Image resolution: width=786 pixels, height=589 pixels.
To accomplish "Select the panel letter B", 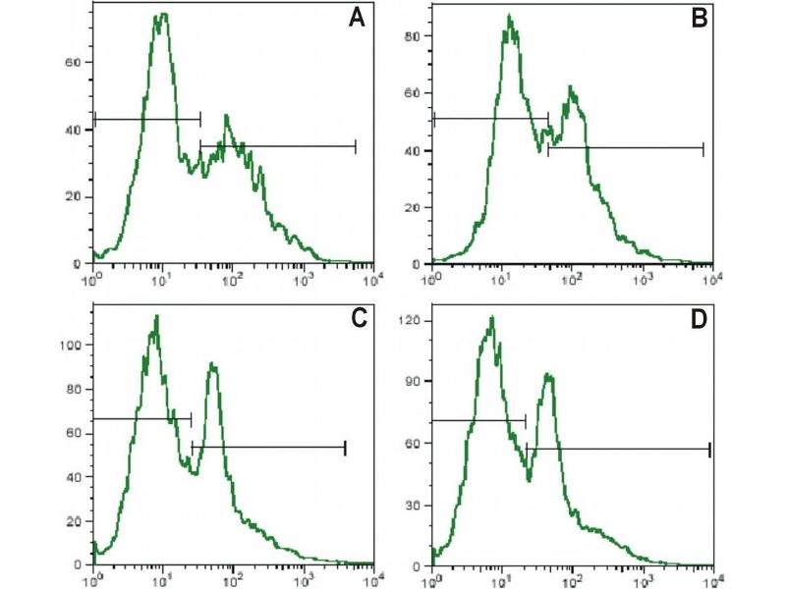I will pyautogui.click(x=700, y=19).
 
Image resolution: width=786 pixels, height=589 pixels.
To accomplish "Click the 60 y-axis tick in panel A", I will pyautogui.click(x=84, y=62).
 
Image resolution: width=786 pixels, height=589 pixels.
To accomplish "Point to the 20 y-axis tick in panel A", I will pyautogui.click(x=84, y=197).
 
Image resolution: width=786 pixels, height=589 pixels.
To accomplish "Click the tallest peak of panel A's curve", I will pyautogui.click(x=162, y=15).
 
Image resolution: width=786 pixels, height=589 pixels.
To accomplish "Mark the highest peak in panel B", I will pyautogui.click(x=509, y=17).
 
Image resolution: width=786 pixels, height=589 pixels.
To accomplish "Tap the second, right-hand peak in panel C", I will pyautogui.click(x=211, y=364).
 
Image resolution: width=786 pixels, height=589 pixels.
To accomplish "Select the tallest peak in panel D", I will pyautogui.click(x=491, y=317).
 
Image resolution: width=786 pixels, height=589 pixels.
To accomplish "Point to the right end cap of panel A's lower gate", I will pyautogui.click(x=355, y=146).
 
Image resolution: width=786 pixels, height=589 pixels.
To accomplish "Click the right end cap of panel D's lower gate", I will pyautogui.click(x=709, y=450).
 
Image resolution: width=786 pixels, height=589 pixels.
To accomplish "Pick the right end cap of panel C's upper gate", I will pyautogui.click(x=191, y=419).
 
